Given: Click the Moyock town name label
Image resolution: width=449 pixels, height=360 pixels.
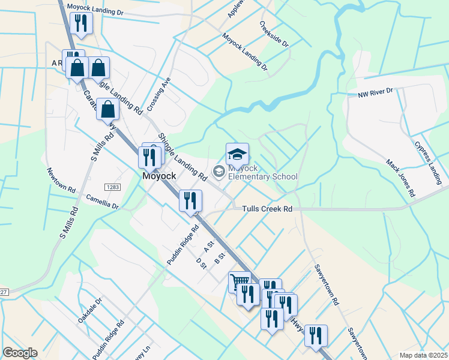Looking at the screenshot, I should pyautogui.click(x=159, y=177).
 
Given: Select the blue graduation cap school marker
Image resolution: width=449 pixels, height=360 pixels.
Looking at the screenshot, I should pyautogui.click(x=237, y=154).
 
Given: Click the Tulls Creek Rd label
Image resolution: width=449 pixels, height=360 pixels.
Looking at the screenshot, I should pyautogui.click(x=267, y=209).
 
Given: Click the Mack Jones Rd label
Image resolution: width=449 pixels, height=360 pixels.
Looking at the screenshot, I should pyautogui.click(x=400, y=178).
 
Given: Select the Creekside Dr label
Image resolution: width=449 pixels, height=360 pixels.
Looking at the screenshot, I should pyautogui.click(x=274, y=35).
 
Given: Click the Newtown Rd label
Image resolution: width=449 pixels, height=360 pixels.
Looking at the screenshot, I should pyautogui.click(x=61, y=180).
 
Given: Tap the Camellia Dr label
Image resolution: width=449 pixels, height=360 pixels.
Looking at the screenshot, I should pyautogui.click(x=103, y=200).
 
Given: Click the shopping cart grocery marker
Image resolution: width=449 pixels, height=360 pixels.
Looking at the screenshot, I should pyautogui.click(x=240, y=281).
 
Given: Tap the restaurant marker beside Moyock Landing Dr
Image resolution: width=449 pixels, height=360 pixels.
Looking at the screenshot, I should pyautogui.click(x=79, y=23).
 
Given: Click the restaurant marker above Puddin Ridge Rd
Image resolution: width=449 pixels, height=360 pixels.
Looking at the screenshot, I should pyautogui.click(x=191, y=200).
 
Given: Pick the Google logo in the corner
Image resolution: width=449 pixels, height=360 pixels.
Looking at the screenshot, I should pyautogui.click(x=20, y=353).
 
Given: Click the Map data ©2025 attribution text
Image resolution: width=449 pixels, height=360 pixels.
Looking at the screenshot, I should pyautogui.click(x=423, y=355).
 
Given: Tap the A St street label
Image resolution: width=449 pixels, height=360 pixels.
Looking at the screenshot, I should pyautogui.click(x=209, y=246).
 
